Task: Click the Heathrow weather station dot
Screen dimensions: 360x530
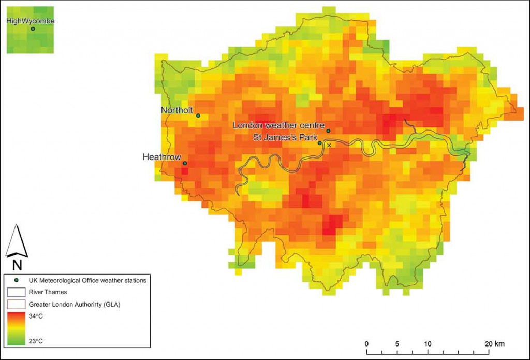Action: (x=185, y=163)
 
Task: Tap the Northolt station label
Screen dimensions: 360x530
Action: (x=176, y=110)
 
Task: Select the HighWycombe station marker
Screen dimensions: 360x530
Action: (x=33, y=29)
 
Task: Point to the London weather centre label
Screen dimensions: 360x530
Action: (x=278, y=125)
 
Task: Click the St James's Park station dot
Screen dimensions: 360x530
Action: (x=320, y=143)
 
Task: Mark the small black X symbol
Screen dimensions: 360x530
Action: (x=329, y=146)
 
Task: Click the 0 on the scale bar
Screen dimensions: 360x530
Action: (x=366, y=344)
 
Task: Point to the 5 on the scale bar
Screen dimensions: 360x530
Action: (x=397, y=344)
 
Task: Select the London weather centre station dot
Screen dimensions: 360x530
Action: (x=328, y=131)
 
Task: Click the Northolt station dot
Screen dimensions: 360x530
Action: (x=198, y=116)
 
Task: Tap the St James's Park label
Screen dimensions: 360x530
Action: (x=284, y=137)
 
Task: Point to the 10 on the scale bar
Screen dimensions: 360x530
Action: (x=428, y=344)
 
